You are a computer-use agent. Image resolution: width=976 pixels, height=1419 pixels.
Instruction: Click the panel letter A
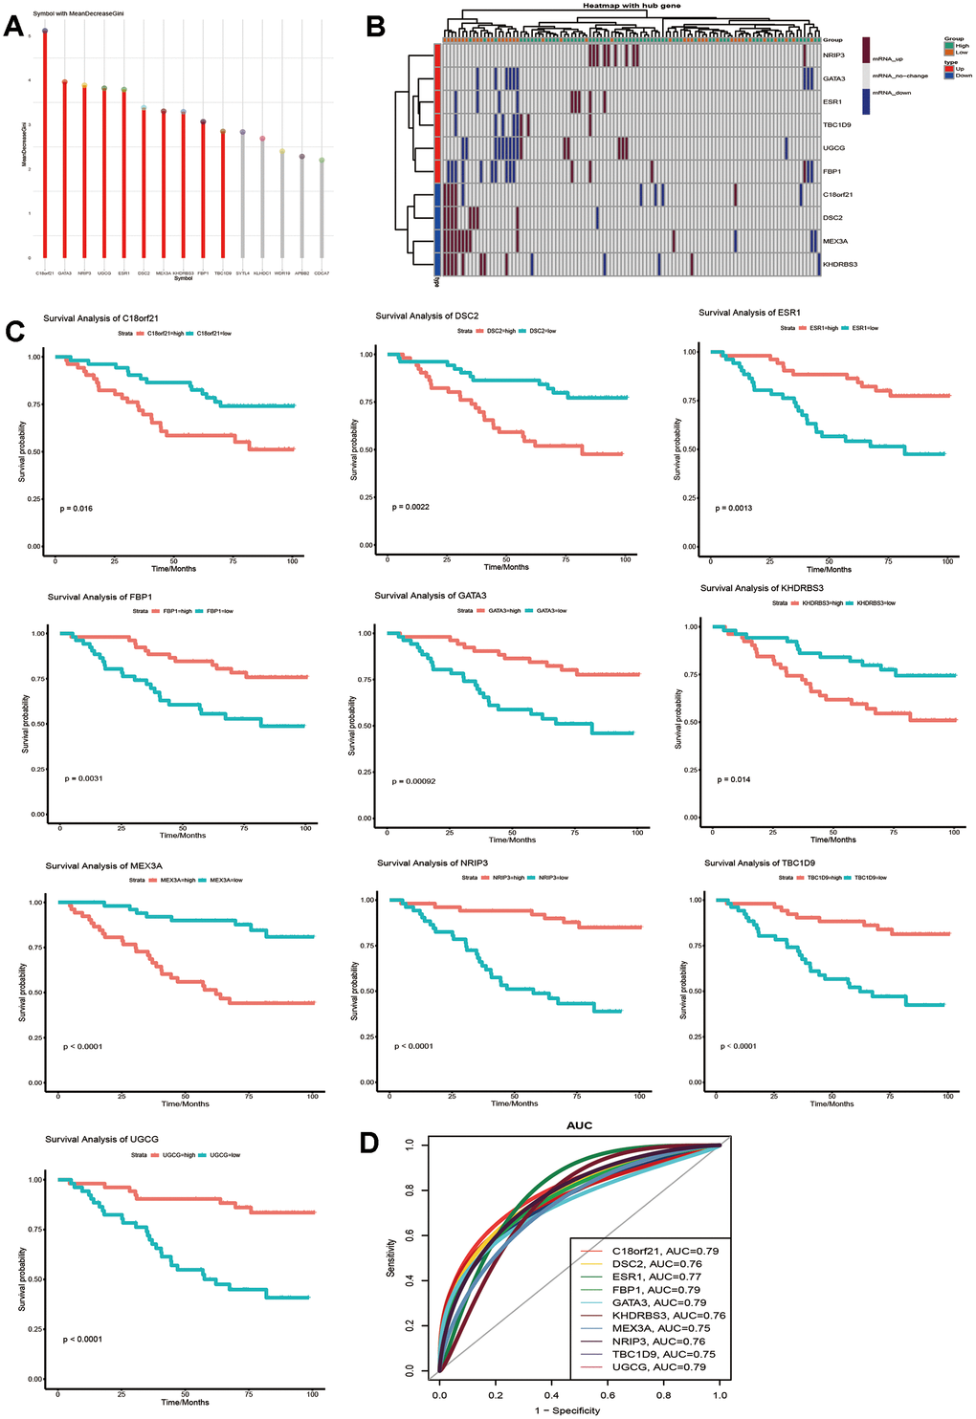pyautogui.click(x=13, y=26)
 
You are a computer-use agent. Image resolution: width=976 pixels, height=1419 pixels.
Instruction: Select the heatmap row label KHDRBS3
pyautogui.click(x=840, y=264)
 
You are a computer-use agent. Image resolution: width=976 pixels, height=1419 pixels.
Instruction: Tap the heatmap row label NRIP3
pyautogui.click(x=833, y=55)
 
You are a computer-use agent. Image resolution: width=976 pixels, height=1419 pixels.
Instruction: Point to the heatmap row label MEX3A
pyautogui.click(x=835, y=241)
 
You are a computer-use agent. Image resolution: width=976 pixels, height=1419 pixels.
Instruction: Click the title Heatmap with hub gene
pyautogui.click(x=632, y=6)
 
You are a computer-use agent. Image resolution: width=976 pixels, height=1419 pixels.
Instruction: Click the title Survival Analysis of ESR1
pyautogui.click(x=749, y=313)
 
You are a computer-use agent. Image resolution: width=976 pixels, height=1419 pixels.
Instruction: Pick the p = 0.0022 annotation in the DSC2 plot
pyautogui.click(x=410, y=507)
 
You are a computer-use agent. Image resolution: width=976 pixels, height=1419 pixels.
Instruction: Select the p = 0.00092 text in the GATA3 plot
pyautogui.click(x=413, y=781)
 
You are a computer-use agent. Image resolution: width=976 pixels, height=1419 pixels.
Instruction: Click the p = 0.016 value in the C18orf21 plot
pyautogui.click(x=77, y=509)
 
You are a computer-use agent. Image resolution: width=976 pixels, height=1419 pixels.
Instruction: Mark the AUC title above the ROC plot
pyautogui.click(x=579, y=1125)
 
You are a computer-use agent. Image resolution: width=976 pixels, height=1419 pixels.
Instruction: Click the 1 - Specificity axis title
pyautogui.click(x=568, y=1410)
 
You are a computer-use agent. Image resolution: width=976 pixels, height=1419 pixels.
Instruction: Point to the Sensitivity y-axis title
pyautogui.click(x=391, y=1257)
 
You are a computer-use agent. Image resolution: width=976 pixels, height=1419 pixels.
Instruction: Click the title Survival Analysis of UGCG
pyautogui.click(x=101, y=1139)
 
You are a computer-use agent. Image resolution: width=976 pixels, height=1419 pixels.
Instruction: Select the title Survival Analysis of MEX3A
pyautogui.click(x=103, y=866)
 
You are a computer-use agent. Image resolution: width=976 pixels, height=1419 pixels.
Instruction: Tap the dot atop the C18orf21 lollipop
pyautogui.click(x=44, y=31)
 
